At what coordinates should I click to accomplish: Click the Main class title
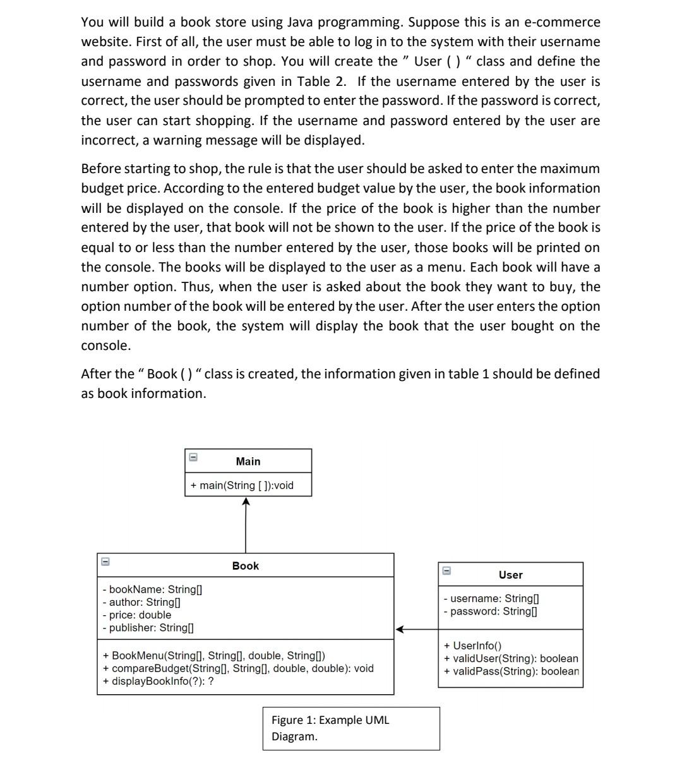point(248,461)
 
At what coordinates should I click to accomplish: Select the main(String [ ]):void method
point(242,485)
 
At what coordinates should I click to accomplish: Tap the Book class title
point(245,566)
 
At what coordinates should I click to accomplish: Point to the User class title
point(510,575)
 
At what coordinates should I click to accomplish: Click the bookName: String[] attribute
point(152,589)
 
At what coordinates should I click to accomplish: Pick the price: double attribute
point(136,615)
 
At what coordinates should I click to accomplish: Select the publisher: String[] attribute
point(148,627)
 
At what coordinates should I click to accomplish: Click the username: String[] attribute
point(491,598)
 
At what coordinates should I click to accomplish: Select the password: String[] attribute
point(490,611)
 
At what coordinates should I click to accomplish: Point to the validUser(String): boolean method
point(511,658)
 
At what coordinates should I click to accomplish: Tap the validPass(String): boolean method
point(511,671)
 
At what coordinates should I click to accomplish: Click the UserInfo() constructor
point(472,646)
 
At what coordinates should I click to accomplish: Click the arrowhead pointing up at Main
point(246,502)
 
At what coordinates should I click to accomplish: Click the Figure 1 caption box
point(351,728)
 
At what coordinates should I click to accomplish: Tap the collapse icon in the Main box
point(193,457)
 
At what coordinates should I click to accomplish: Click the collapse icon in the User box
point(446,570)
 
